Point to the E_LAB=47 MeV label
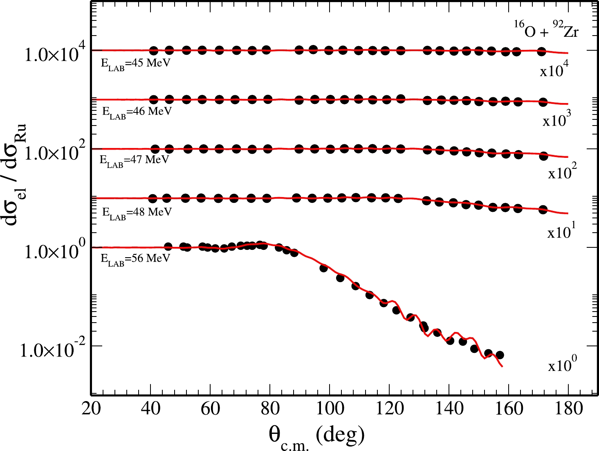tap(134, 160)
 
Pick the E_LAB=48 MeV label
tap(137, 212)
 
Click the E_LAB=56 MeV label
tap(135, 259)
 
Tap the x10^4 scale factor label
tap(554, 70)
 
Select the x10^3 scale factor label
tap(556, 120)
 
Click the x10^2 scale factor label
tap(562, 172)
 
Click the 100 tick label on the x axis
tap(330, 408)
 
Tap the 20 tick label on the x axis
tap(91, 408)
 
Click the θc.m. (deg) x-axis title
tap(316, 437)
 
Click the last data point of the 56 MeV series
tap(499, 355)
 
